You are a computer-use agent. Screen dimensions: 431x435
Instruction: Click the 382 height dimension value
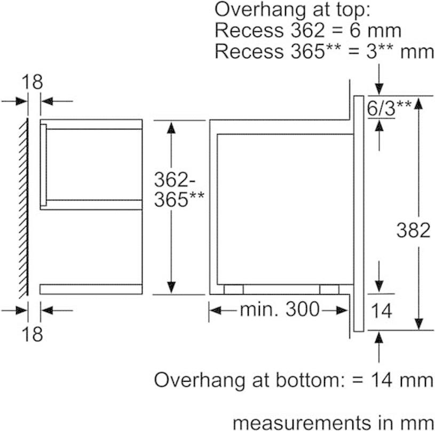tap(413, 230)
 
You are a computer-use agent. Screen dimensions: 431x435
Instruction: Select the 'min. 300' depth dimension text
tap(279, 309)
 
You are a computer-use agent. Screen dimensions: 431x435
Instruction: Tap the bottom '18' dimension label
tap(33, 334)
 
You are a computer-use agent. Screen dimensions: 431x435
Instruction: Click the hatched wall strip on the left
tap(23, 209)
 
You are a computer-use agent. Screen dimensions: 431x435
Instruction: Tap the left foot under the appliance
tap(233, 289)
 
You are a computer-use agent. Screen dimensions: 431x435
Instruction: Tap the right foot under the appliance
tap(329, 289)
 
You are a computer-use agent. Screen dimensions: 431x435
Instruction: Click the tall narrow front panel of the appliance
tap(359, 214)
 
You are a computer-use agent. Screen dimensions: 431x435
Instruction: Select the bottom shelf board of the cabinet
tap(91, 289)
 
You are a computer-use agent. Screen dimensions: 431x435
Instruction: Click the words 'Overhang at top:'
tap(292, 11)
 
